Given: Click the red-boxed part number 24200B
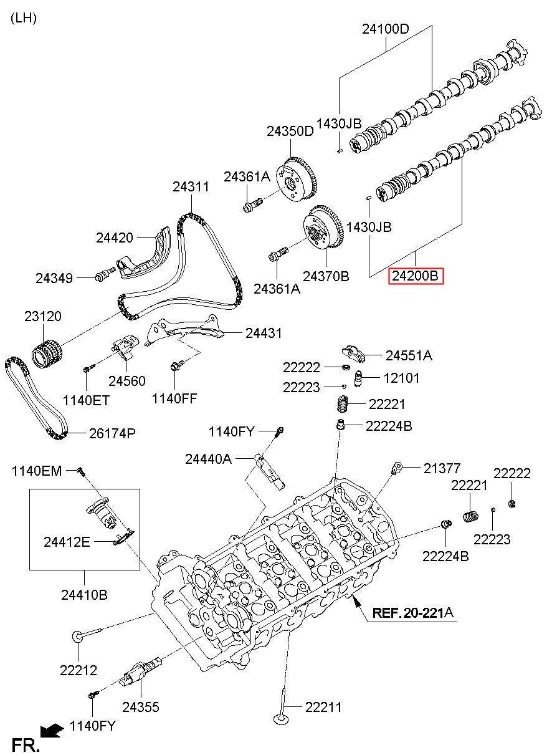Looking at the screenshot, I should click(x=416, y=275).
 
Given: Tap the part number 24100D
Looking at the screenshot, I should click(x=386, y=29).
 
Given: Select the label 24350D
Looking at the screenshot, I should click(x=290, y=132).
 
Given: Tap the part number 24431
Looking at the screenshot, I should click(x=264, y=333).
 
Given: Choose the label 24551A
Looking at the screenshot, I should click(x=409, y=356).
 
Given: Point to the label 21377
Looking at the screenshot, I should click(x=442, y=468).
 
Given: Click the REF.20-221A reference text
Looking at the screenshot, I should click(x=413, y=613).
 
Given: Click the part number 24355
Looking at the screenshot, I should click(x=140, y=706).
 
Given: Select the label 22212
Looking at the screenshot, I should click(x=79, y=670).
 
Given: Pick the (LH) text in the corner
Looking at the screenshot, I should click(x=24, y=17).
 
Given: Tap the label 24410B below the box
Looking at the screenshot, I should click(x=84, y=595).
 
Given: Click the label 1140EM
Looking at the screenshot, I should click(x=37, y=471).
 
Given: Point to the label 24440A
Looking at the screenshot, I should click(x=208, y=459).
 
